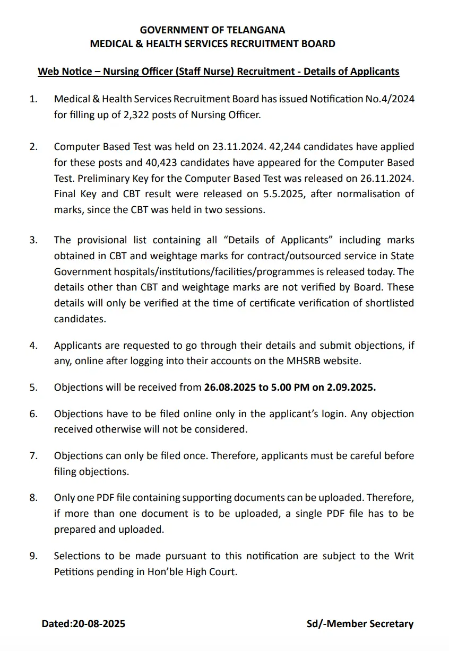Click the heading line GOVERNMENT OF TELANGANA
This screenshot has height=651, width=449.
coord(212,30)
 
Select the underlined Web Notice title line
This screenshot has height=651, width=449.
coord(218,72)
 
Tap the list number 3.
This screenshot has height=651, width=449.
coord(33,240)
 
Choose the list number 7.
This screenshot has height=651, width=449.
coord(33,456)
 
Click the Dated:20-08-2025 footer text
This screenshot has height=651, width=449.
coord(83,624)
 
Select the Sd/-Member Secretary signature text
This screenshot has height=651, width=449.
coord(360,624)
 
